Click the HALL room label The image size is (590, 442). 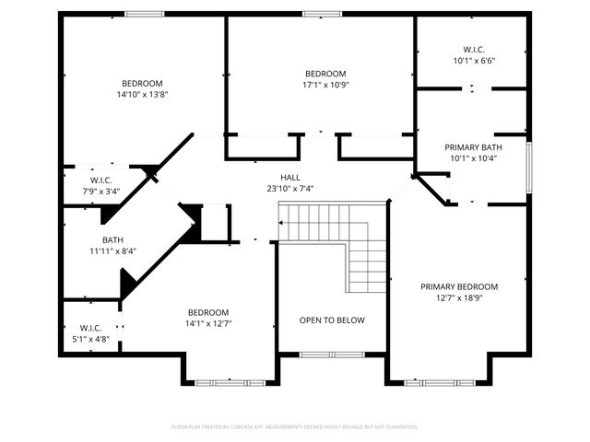(x=290, y=177)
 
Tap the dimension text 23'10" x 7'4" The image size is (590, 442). (x=290, y=188)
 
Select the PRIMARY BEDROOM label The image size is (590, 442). (x=458, y=286)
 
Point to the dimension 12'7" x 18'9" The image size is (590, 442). (x=458, y=297)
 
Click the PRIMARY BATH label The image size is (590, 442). (x=473, y=147)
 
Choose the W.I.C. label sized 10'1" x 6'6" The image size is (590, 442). (x=473, y=50)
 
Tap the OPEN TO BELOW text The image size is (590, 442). (x=332, y=320)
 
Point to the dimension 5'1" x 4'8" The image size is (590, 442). (x=90, y=339)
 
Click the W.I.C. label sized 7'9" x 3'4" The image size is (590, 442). (x=101, y=180)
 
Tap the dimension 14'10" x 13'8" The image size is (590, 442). (x=142, y=94)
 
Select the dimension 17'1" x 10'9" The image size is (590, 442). (x=325, y=85)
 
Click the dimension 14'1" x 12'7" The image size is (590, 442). (x=208, y=323)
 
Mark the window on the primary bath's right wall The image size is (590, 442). (x=529, y=167)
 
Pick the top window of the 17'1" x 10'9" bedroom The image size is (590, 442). (x=321, y=13)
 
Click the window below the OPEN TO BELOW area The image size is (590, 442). (x=331, y=355)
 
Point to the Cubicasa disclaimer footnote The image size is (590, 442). (x=295, y=426)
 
